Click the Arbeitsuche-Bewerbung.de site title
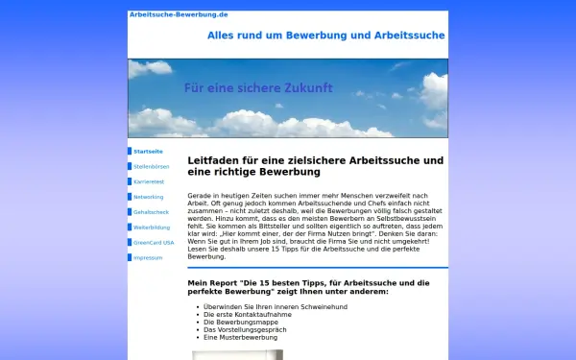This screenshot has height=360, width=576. click(165, 15)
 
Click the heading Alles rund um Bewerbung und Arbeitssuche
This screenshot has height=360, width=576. click(325, 36)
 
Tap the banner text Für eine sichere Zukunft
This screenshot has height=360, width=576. click(258, 87)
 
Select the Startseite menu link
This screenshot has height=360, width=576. click(148, 152)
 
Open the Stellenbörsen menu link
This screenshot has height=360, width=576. click(151, 167)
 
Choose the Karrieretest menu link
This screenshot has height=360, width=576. click(150, 181)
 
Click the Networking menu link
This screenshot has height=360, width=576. click(148, 197)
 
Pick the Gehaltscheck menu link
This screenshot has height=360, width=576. click(151, 212)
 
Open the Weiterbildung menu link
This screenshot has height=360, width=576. click(152, 228)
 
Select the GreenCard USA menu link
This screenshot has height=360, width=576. click(154, 243)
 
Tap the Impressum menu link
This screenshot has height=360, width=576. click(148, 258)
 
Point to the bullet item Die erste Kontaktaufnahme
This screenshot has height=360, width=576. click(249, 314)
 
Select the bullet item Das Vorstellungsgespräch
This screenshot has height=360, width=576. click(246, 329)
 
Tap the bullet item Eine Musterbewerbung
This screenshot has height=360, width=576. click(240, 337)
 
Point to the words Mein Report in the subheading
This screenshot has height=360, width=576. click(210, 283)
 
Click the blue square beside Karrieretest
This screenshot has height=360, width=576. click(130, 181)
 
